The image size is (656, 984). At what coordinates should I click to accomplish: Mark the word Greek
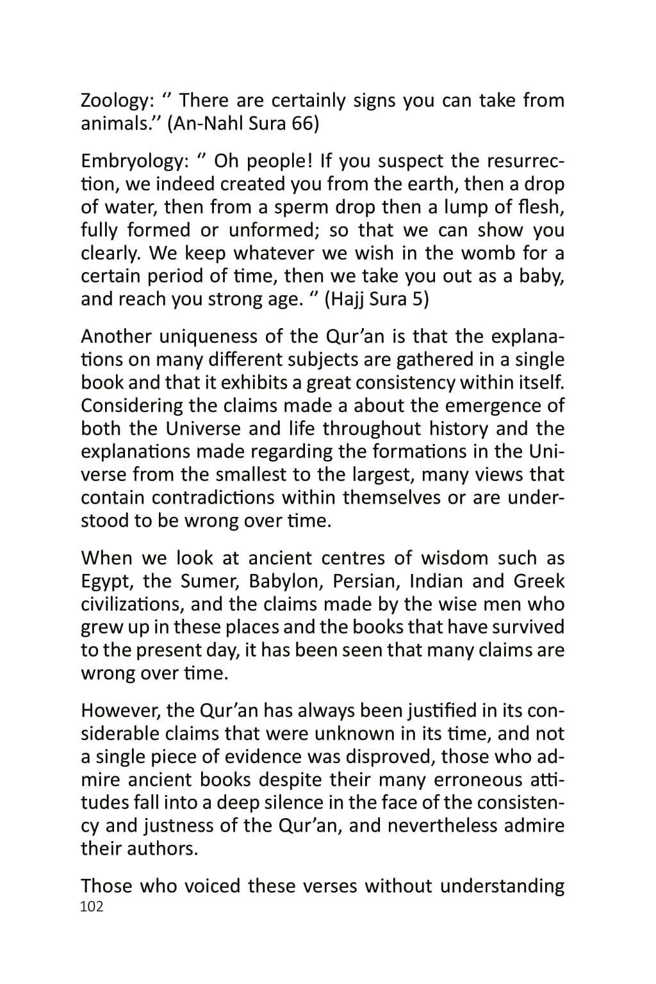pyautogui.click(x=539, y=582)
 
